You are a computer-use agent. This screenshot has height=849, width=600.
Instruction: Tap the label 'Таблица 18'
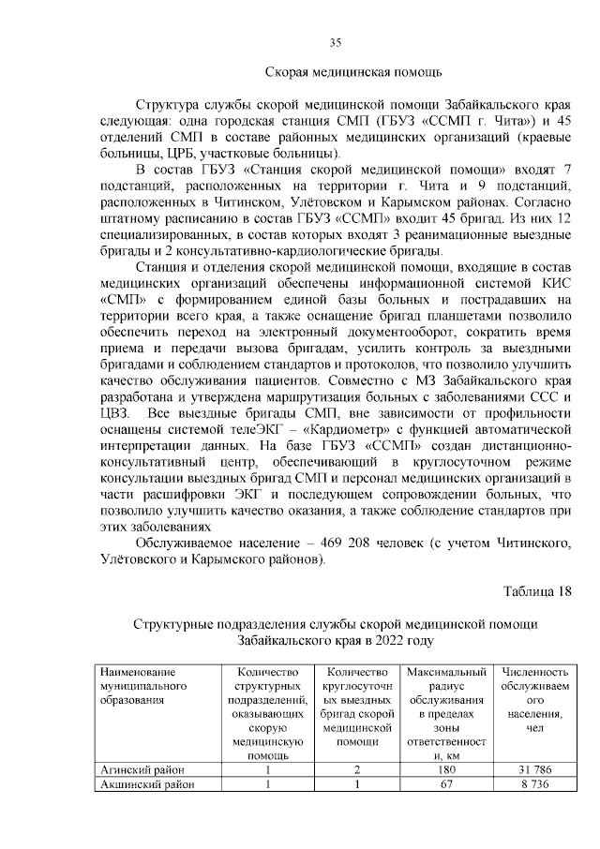pyautogui.click(x=536, y=590)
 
